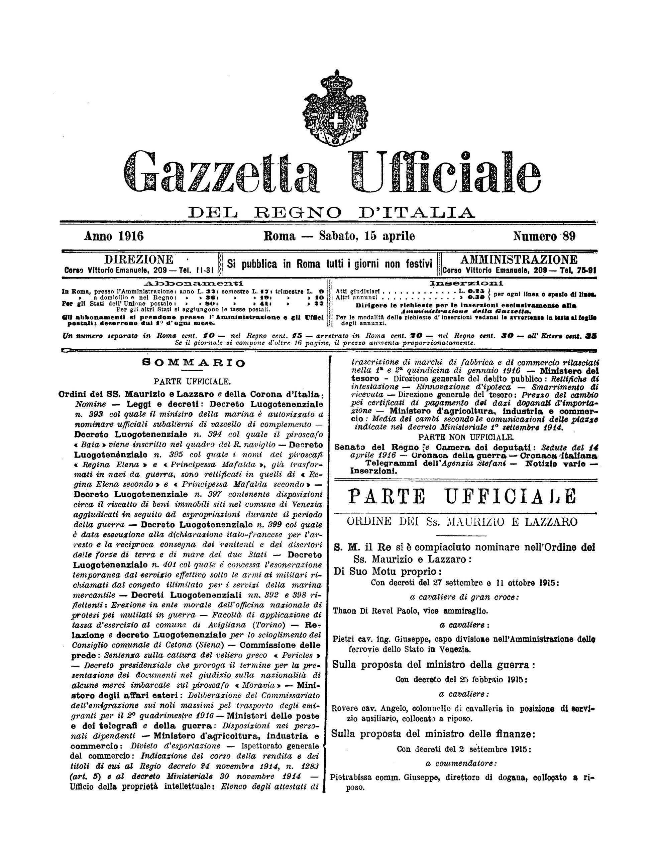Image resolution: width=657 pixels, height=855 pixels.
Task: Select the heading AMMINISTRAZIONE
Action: [x=519, y=260]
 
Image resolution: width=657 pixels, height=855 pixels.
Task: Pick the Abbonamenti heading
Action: [x=193, y=283]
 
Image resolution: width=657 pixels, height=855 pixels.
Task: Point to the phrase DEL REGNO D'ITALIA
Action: [x=332, y=212]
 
